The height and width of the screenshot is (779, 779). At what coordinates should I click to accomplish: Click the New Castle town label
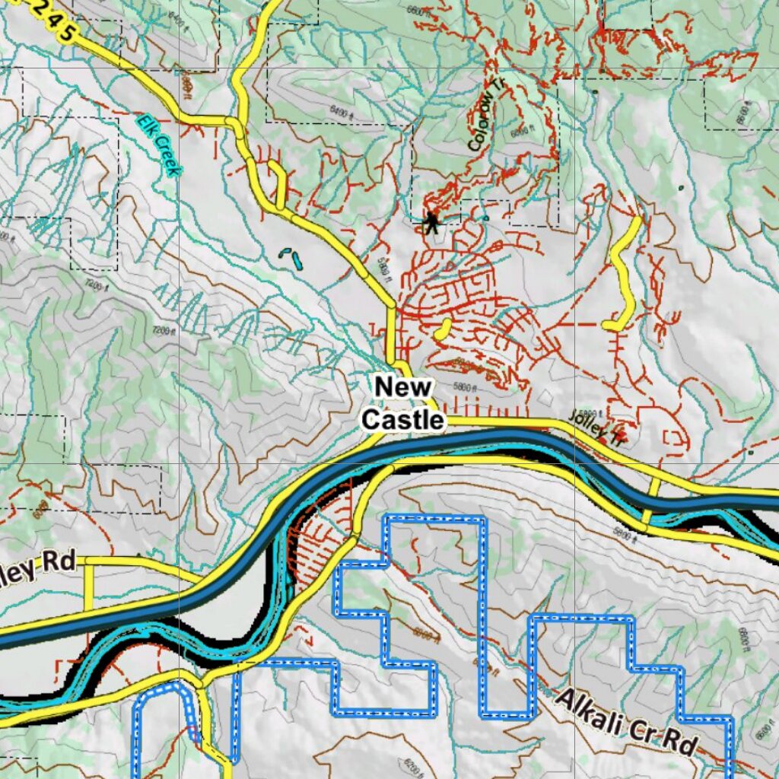pos(402,403)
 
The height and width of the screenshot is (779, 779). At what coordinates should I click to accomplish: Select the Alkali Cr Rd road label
pos(626,722)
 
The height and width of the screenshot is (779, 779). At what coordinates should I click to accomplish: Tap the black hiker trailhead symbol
pos(432,222)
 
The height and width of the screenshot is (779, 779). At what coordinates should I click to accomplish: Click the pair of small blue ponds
pos(291,258)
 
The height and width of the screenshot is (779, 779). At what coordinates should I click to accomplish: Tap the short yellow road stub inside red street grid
pos(441,329)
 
